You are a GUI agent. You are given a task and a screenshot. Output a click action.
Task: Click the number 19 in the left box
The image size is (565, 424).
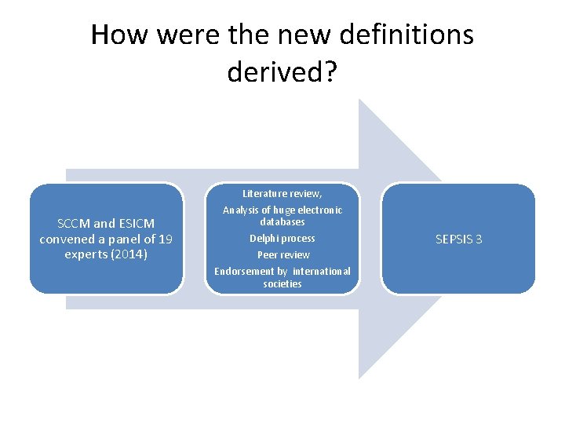tap(164, 239)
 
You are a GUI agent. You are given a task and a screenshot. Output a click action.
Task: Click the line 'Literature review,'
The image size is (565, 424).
tap(282, 193)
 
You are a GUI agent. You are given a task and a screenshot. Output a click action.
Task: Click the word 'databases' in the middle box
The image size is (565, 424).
tap(282, 221)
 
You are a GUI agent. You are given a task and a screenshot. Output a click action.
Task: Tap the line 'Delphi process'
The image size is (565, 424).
tap(282, 239)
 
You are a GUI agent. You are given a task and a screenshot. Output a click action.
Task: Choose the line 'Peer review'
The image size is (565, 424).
tap(282, 254)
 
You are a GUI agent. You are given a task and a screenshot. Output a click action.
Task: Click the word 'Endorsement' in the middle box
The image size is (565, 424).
tap(242, 271)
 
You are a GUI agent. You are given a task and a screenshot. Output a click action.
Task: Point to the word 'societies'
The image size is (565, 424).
tap(282, 283)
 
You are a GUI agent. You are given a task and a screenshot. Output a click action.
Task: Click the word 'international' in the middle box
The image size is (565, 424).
tap(322, 271)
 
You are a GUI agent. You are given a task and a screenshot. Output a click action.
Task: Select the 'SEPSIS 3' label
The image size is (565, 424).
tap(458, 239)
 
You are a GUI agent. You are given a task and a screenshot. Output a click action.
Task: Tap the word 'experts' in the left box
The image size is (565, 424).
tap(87, 254)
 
